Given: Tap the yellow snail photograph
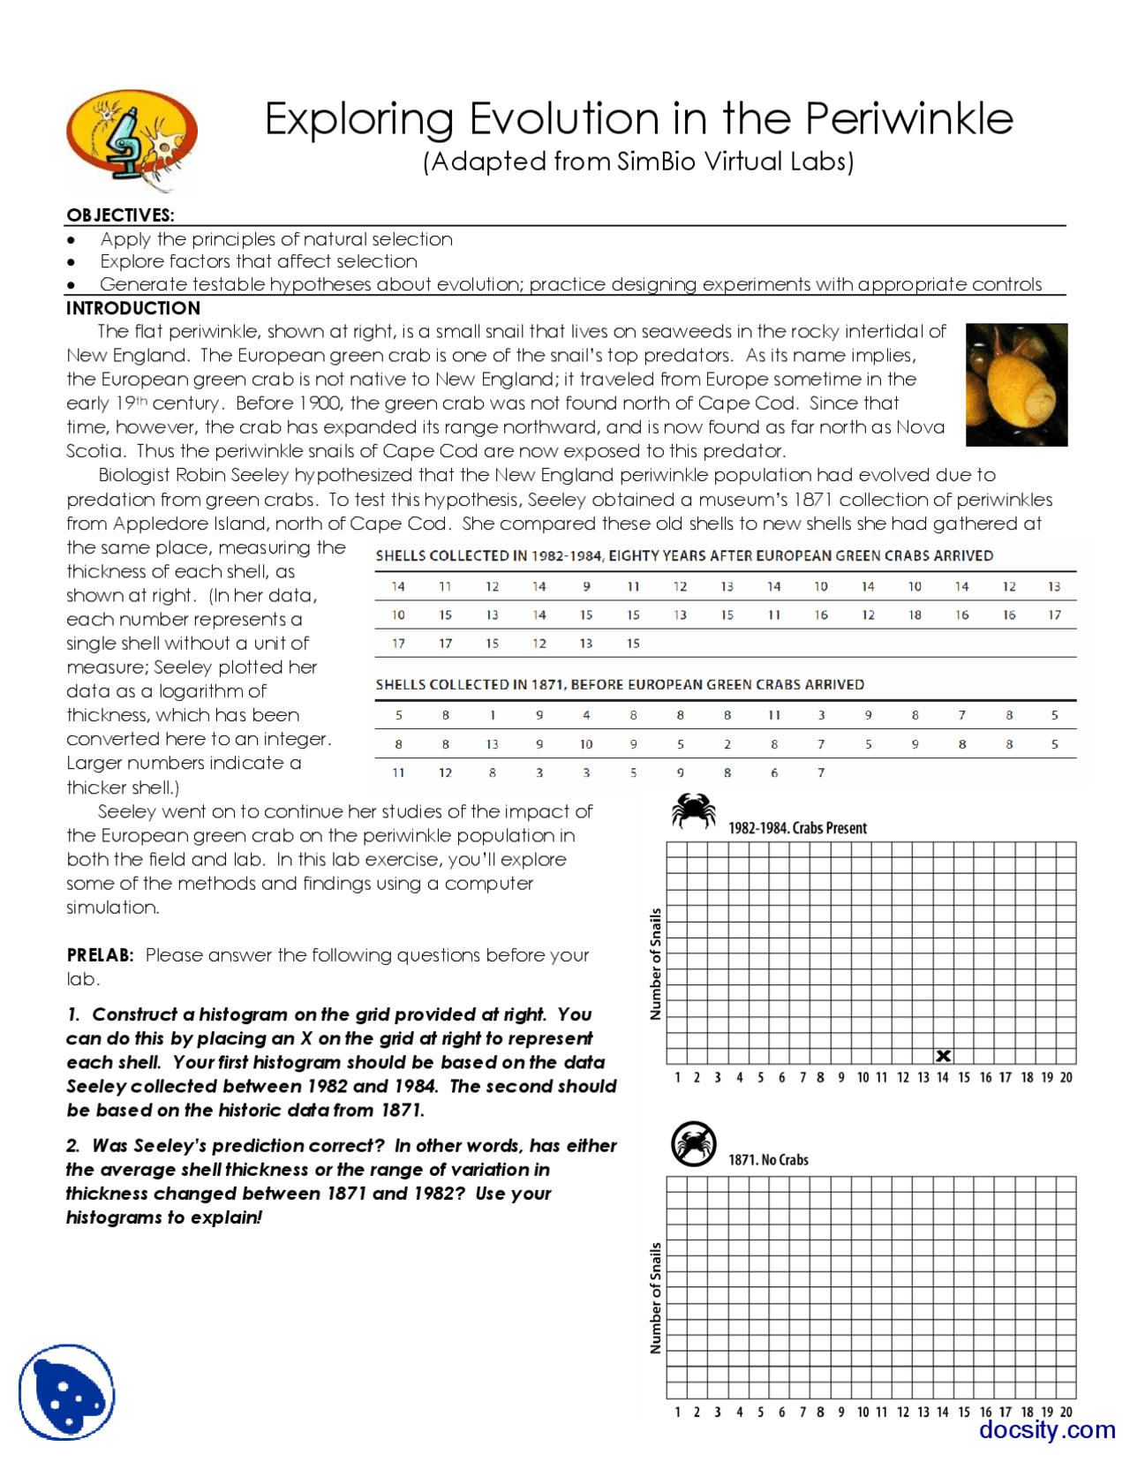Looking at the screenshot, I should pos(1016,385).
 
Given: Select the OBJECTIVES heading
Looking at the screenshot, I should pos(120,215).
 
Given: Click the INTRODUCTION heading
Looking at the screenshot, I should pos(133,308).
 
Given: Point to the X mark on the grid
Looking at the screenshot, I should pos(943,1056).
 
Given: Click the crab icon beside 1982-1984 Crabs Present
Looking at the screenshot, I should pos(693,810).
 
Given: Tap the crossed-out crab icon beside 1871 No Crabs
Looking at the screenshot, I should pos(693,1143).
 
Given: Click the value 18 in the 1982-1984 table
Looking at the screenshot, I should pos(915,615).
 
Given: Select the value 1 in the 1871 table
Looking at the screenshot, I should pos(493,715).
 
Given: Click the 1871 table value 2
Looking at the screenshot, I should pos(727,744).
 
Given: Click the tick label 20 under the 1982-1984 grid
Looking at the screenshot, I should pos(1066,1077).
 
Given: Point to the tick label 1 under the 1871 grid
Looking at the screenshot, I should pos(677,1412).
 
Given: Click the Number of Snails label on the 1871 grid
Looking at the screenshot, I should pos(655,1298).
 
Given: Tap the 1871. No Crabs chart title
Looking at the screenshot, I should pos(768,1160).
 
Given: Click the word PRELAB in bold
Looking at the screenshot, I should pos(100,955).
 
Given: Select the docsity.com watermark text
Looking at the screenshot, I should pos(1047,1428).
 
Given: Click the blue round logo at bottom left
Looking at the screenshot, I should pos(67,1392).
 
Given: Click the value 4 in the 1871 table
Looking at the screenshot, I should pos(586,715).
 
